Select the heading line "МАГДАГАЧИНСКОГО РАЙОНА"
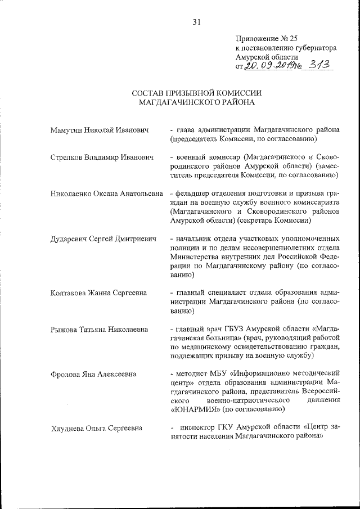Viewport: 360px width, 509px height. (197, 103)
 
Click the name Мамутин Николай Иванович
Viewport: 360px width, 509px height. (99, 130)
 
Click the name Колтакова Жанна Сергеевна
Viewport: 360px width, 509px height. (98, 292)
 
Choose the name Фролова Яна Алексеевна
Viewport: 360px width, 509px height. (93, 374)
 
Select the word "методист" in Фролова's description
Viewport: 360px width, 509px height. (191, 373)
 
